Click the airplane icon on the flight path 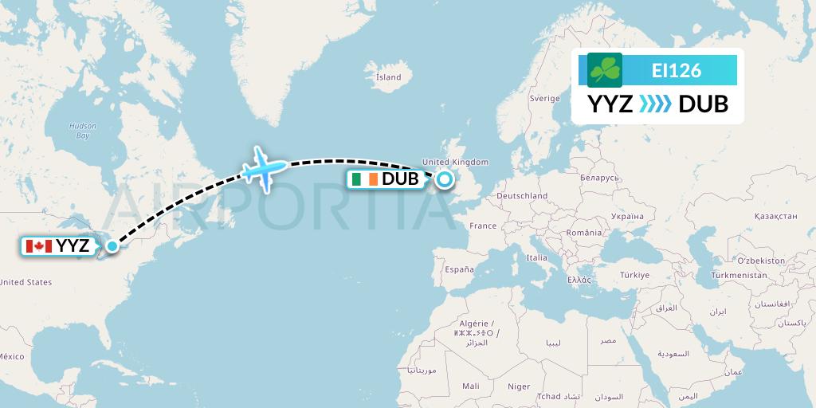click(265, 167)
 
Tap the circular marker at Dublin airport click(443, 179)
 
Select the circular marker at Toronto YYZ click(112, 246)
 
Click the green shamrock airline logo click(605, 70)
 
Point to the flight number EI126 click(676, 70)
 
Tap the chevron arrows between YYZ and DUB click(656, 104)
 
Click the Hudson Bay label click(82, 131)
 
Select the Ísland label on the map click(388, 77)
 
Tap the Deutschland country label click(521, 195)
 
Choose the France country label click(483, 226)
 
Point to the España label click(459, 269)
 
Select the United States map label click(25, 282)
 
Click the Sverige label click(545, 98)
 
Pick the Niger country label click(519, 386)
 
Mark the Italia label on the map click(536, 257)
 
